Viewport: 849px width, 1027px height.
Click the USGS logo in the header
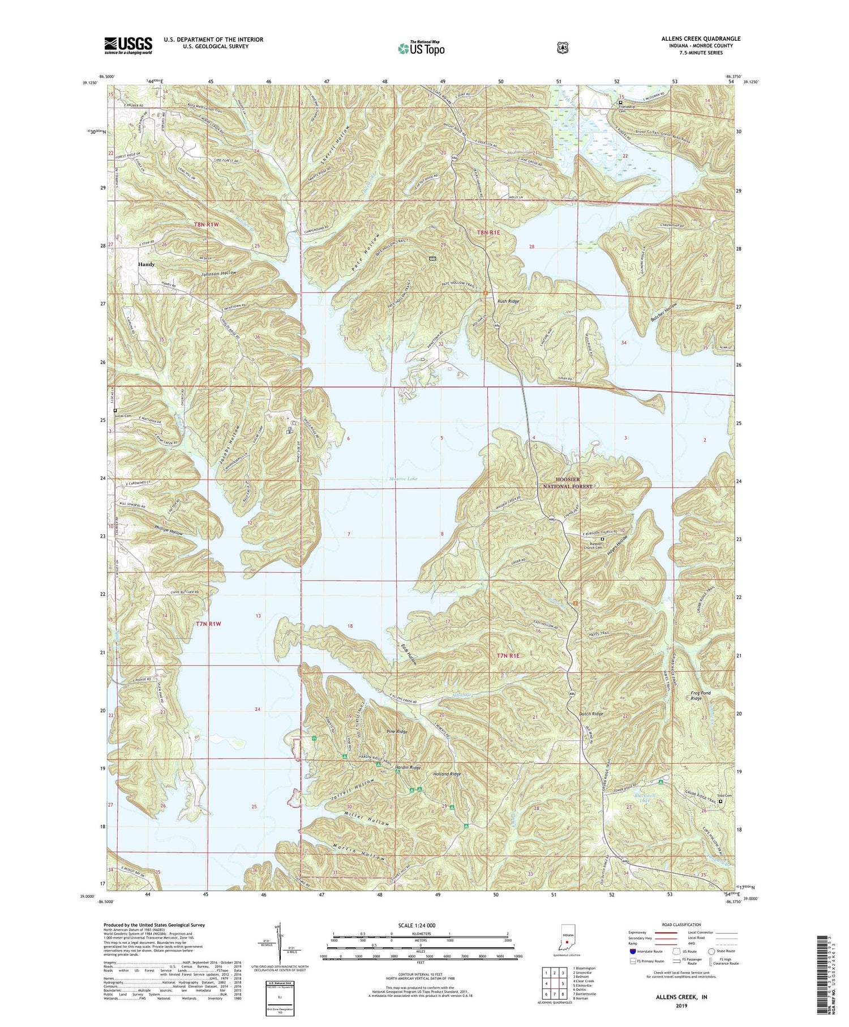coord(128,45)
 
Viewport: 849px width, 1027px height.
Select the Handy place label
coord(146,265)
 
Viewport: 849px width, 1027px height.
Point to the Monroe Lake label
coord(403,479)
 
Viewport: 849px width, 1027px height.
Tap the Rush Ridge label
coord(508,302)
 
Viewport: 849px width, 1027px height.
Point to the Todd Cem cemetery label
coord(725,796)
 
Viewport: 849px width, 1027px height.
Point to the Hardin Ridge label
coord(408,768)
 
